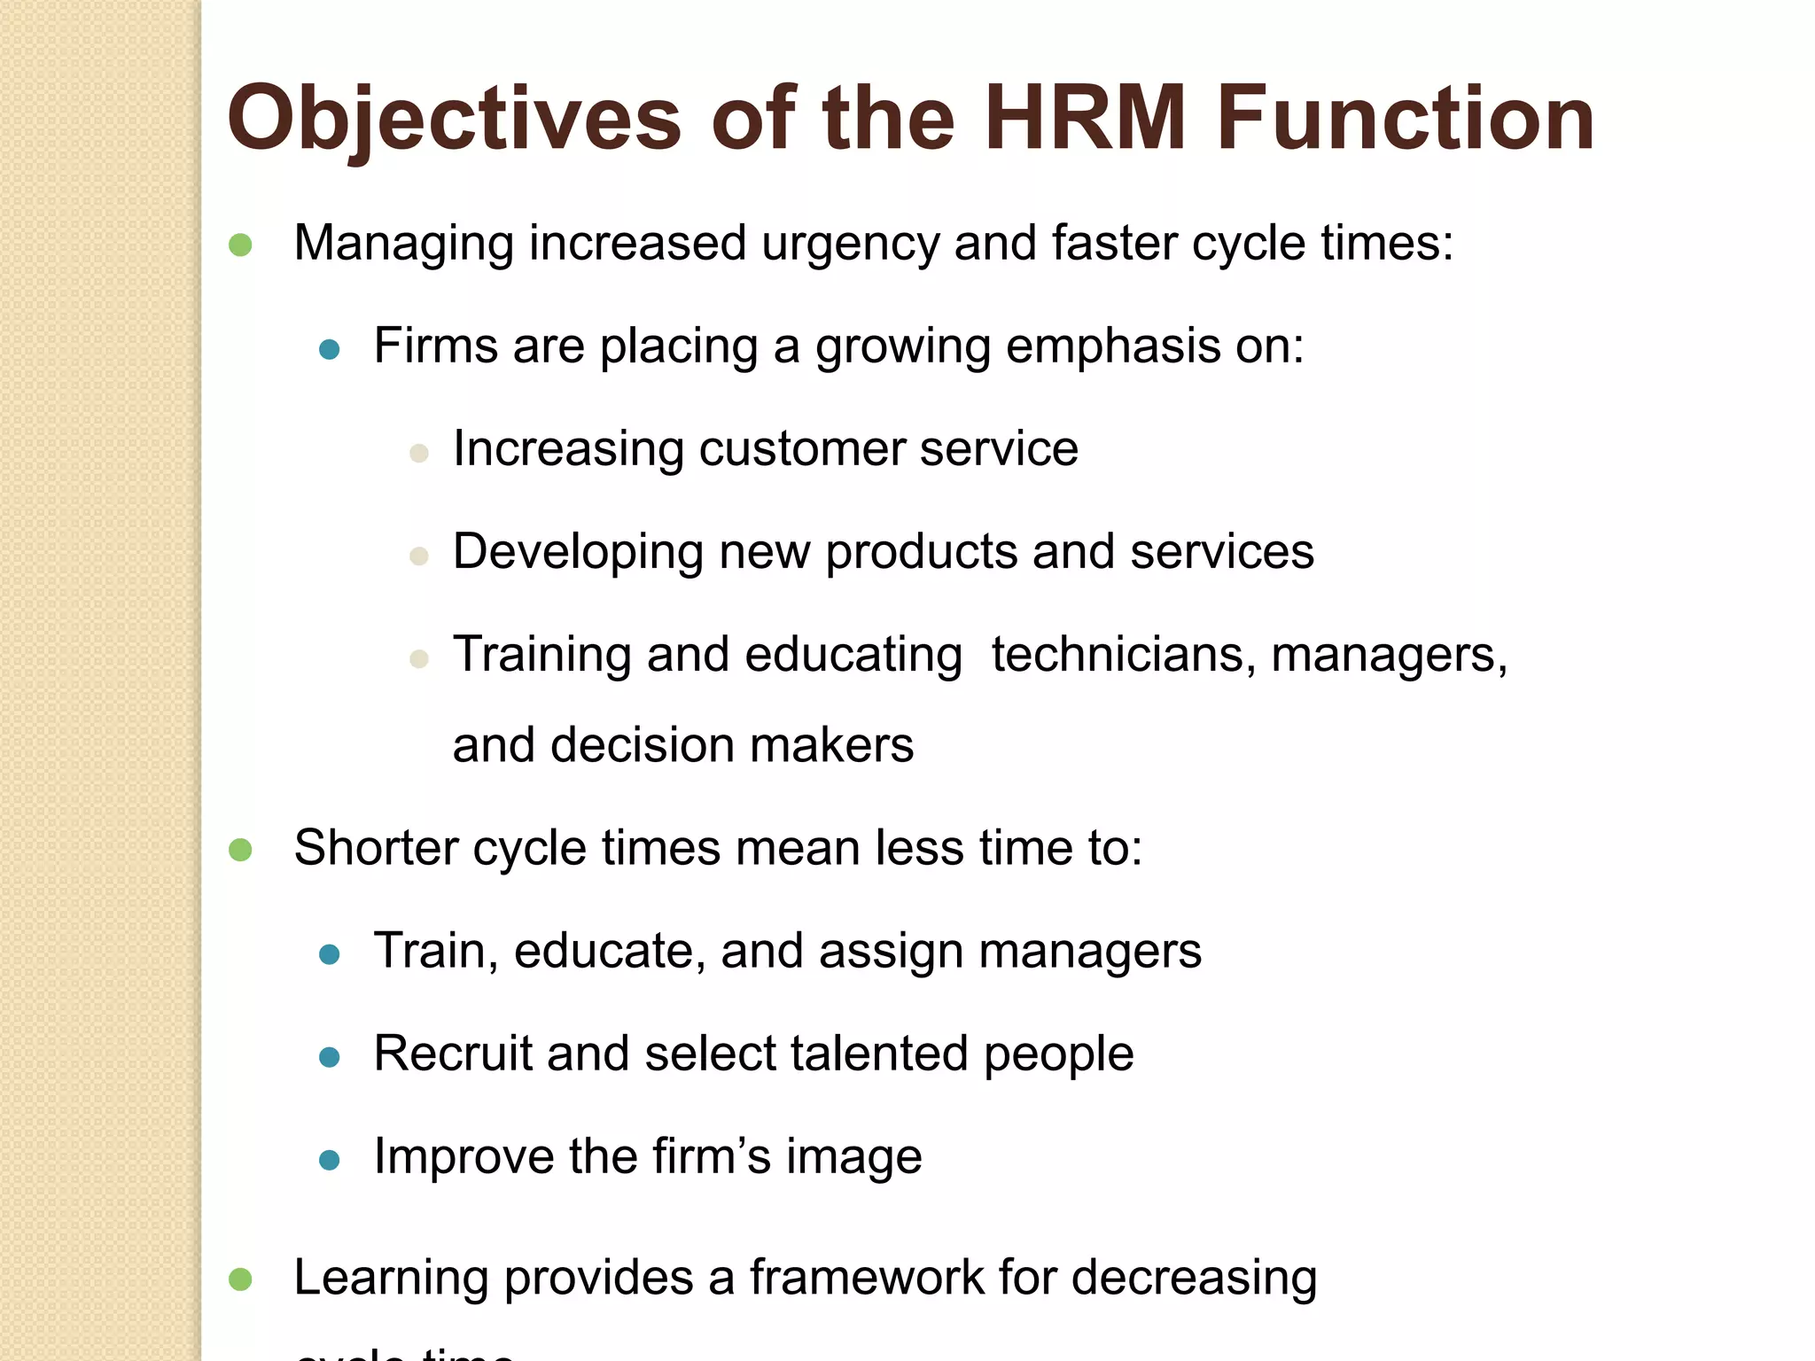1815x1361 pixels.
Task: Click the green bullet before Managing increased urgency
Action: [x=240, y=245]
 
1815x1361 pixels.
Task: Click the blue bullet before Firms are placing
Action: [x=330, y=349]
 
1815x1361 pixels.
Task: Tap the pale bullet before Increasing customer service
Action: [x=419, y=454]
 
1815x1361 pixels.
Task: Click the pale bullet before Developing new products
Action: [x=419, y=556]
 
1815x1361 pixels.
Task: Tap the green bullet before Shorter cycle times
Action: [x=240, y=851]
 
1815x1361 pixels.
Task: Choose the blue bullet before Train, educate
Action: [x=330, y=954]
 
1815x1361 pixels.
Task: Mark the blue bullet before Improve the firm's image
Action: [x=330, y=1160]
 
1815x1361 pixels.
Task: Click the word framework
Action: [x=867, y=1278]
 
